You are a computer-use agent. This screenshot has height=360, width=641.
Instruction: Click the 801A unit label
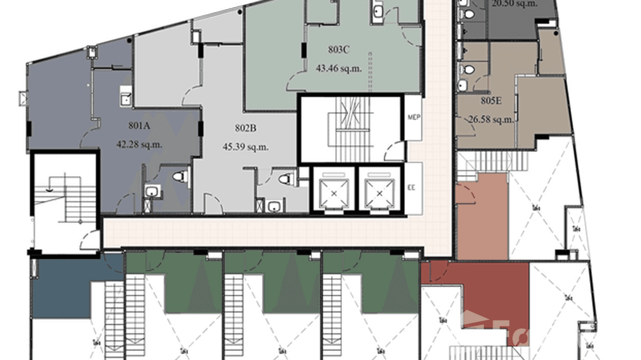139,126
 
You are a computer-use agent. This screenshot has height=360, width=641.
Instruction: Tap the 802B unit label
246,128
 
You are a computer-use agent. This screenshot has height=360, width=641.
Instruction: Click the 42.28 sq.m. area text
139,144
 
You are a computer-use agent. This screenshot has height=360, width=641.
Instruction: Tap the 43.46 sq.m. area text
339,68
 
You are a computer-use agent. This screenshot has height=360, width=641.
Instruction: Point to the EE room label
411,188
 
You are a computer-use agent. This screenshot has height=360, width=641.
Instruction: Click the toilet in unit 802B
285,179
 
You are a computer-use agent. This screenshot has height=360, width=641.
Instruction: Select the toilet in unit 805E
469,70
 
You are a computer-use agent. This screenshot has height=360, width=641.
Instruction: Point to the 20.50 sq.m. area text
515,3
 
